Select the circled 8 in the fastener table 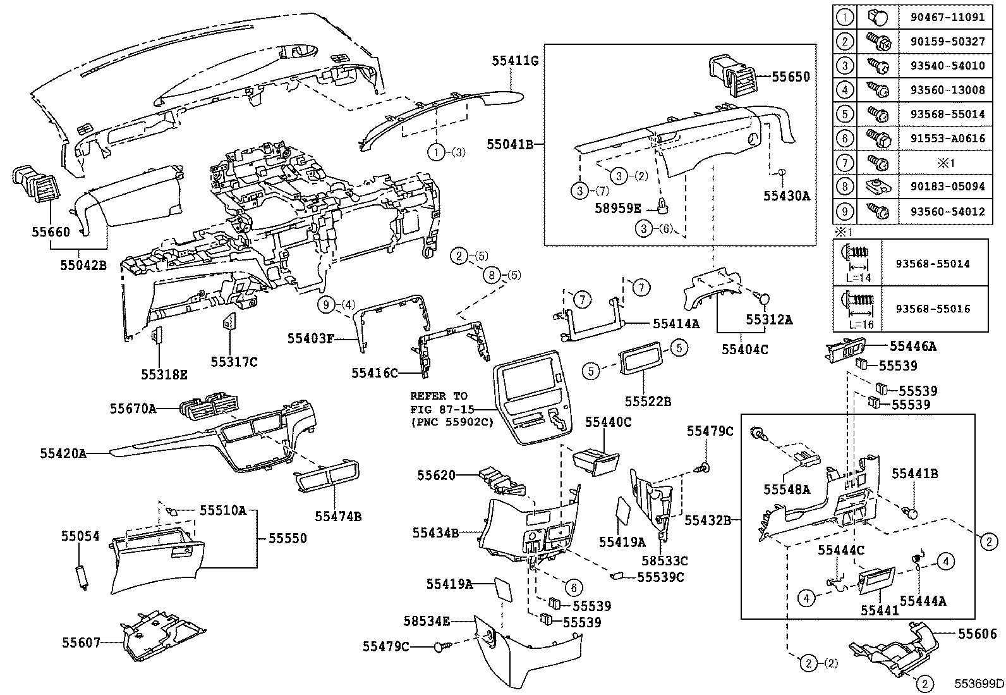845,187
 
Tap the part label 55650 790,77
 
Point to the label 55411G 515,61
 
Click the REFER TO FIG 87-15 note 450,409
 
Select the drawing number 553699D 978,684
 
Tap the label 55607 81,643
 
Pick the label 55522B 648,401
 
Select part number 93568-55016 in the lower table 932,309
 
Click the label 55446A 912,346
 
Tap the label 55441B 914,474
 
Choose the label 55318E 164,374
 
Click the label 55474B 338,517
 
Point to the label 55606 977,634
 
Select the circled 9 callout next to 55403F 326,305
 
